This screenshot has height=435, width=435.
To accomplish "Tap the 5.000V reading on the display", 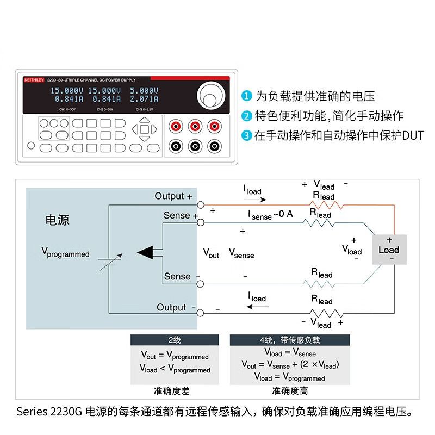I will tap(144, 90).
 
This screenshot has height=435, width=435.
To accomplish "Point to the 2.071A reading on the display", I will tap(144, 99).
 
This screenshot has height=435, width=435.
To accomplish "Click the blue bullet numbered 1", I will tap(247, 97).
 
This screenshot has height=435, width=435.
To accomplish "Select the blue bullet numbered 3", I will tap(247, 135).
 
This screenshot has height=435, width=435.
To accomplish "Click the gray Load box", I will tap(389, 250).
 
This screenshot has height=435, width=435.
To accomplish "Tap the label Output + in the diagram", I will tap(173, 196).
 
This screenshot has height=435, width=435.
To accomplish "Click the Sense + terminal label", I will tap(177, 216).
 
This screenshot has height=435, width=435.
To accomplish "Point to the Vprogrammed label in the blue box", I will tap(65, 252).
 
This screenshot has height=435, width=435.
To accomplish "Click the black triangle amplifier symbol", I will tap(145, 252).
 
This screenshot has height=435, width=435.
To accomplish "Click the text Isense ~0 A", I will tap(271, 214).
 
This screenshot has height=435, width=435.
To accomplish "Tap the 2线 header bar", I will tap(175, 340).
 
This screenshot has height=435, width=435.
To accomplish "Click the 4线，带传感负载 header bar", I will tap(290, 340).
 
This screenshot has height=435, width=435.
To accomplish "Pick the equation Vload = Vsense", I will tap(289, 353).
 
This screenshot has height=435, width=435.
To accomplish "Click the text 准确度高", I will tap(290, 390).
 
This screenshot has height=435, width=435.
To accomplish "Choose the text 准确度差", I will tap(175, 390).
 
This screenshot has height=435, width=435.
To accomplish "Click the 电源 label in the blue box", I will tap(57, 220).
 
